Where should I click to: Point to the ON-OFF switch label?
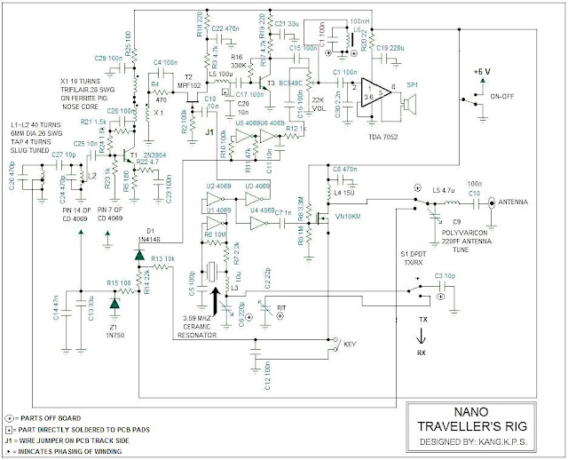(502, 97)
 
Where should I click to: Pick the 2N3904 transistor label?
(148, 152)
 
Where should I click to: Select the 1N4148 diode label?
(147, 238)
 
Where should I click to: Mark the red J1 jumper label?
(210, 132)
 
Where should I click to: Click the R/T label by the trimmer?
(282, 308)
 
